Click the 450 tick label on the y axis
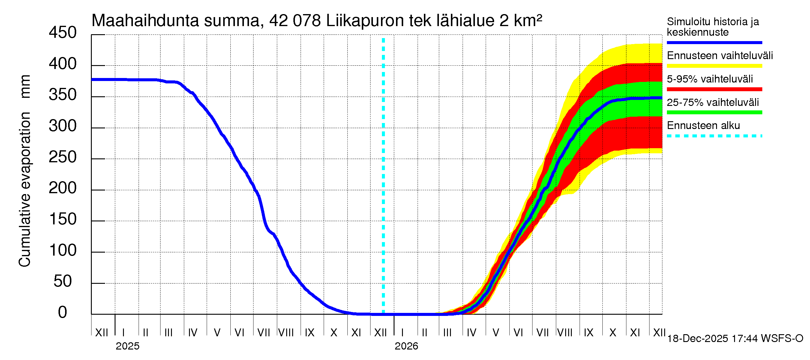tap(63, 33)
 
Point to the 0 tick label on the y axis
tap(63, 313)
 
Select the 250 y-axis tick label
tap(63, 157)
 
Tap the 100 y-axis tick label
tap(63, 250)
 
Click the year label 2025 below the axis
tap(127, 346)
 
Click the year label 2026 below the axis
tap(406, 346)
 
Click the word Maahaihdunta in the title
tap(145, 21)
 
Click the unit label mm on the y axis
tap(25, 86)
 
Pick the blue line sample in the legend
tap(714, 42)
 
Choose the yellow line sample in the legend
tap(714, 66)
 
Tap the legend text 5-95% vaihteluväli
tap(710, 79)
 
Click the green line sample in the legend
tap(714, 112)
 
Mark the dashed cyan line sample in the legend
tap(714, 136)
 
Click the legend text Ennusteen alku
tap(703, 125)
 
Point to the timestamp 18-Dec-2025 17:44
tap(712, 339)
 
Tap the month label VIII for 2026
tap(565, 333)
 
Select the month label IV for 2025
tap(192, 333)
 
